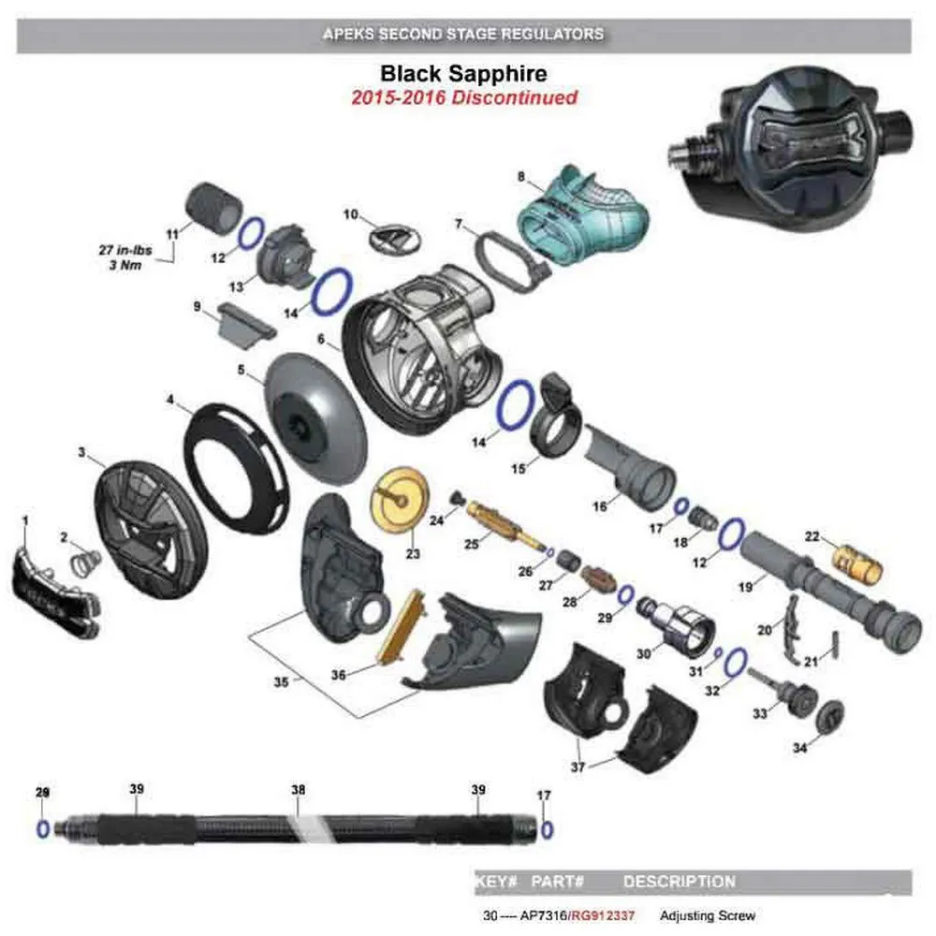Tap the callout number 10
[351, 214]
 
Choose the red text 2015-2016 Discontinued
[463, 96]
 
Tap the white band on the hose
[308, 826]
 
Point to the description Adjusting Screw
[708, 916]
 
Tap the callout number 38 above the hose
[298, 790]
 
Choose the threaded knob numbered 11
[214, 208]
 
